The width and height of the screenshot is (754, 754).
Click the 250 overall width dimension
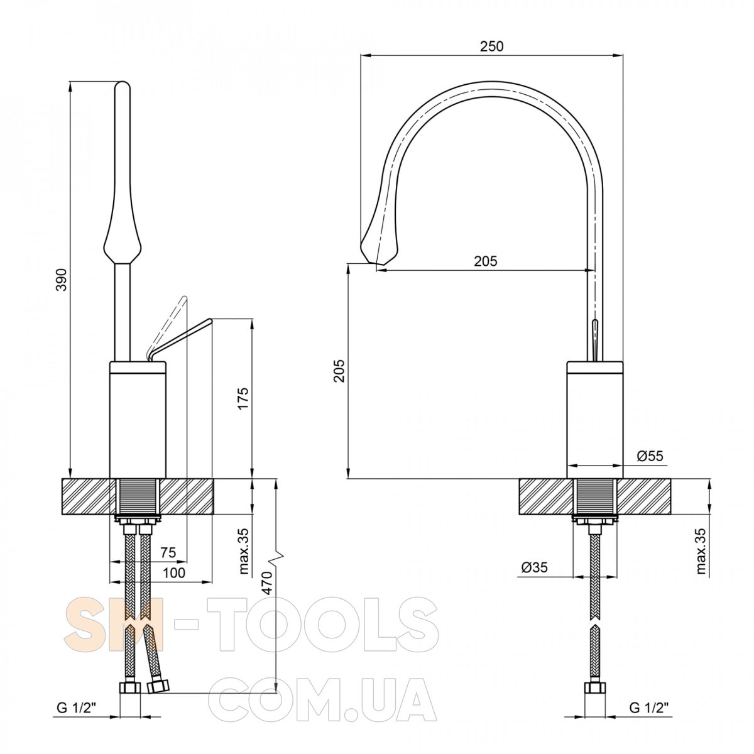pyautogui.click(x=491, y=46)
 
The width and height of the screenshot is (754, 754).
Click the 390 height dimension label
pyautogui.click(x=63, y=280)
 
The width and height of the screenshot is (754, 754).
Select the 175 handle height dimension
pyautogui.click(x=243, y=398)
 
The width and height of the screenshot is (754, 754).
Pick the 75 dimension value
pyautogui.click(x=168, y=552)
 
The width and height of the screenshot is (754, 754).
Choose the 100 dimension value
pyautogui.click(x=173, y=573)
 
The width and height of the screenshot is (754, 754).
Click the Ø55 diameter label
pyautogui.click(x=650, y=456)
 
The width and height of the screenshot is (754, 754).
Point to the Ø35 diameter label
pyautogui.click(x=535, y=567)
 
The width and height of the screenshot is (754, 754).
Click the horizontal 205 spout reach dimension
pyautogui.click(x=486, y=261)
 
